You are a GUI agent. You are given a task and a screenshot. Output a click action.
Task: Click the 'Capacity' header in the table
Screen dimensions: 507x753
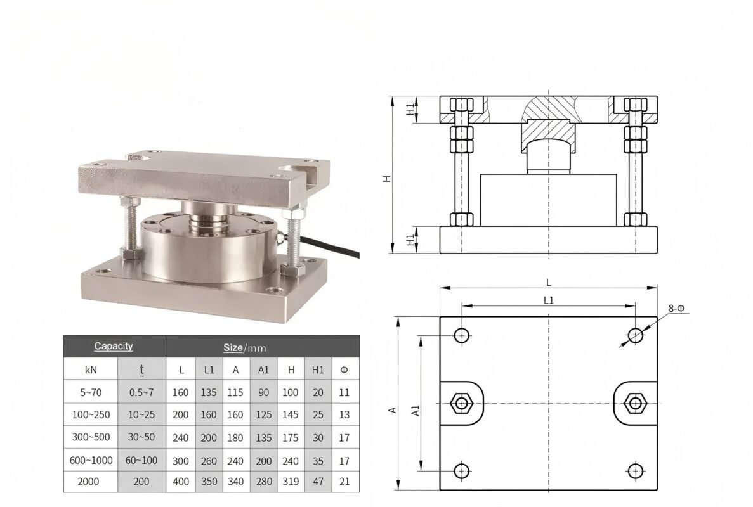click(114, 346)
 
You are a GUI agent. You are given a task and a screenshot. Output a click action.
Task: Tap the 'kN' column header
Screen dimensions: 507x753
click(90, 369)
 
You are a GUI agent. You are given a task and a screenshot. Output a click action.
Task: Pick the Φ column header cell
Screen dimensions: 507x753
click(344, 369)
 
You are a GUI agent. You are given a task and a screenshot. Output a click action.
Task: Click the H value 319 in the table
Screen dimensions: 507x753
click(290, 482)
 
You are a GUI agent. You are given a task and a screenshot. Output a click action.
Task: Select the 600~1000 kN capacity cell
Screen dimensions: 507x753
click(90, 459)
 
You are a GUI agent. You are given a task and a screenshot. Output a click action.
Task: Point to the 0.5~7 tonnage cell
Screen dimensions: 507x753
click(141, 392)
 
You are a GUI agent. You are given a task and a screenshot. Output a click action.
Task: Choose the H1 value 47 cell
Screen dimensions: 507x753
click(318, 482)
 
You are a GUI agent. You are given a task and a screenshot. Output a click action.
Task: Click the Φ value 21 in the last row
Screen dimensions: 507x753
click(344, 482)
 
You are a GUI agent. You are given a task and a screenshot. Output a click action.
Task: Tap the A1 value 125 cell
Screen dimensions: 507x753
click(263, 414)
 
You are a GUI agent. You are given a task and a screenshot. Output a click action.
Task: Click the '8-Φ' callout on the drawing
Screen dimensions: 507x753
click(676, 309)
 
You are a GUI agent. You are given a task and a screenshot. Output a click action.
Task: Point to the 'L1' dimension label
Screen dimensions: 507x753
click(549, 301)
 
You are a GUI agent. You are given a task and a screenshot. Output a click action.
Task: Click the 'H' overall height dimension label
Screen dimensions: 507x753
click(386, 179)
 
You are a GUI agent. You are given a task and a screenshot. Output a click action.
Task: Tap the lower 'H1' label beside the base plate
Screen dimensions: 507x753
click(410, 240)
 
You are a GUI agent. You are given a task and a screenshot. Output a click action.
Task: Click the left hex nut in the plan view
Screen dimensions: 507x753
click(459, 403)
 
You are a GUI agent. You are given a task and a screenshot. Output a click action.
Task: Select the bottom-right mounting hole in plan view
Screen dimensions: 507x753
click(635, 470)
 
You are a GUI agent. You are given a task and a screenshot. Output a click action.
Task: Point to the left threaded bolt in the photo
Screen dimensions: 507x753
click(129, 225)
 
